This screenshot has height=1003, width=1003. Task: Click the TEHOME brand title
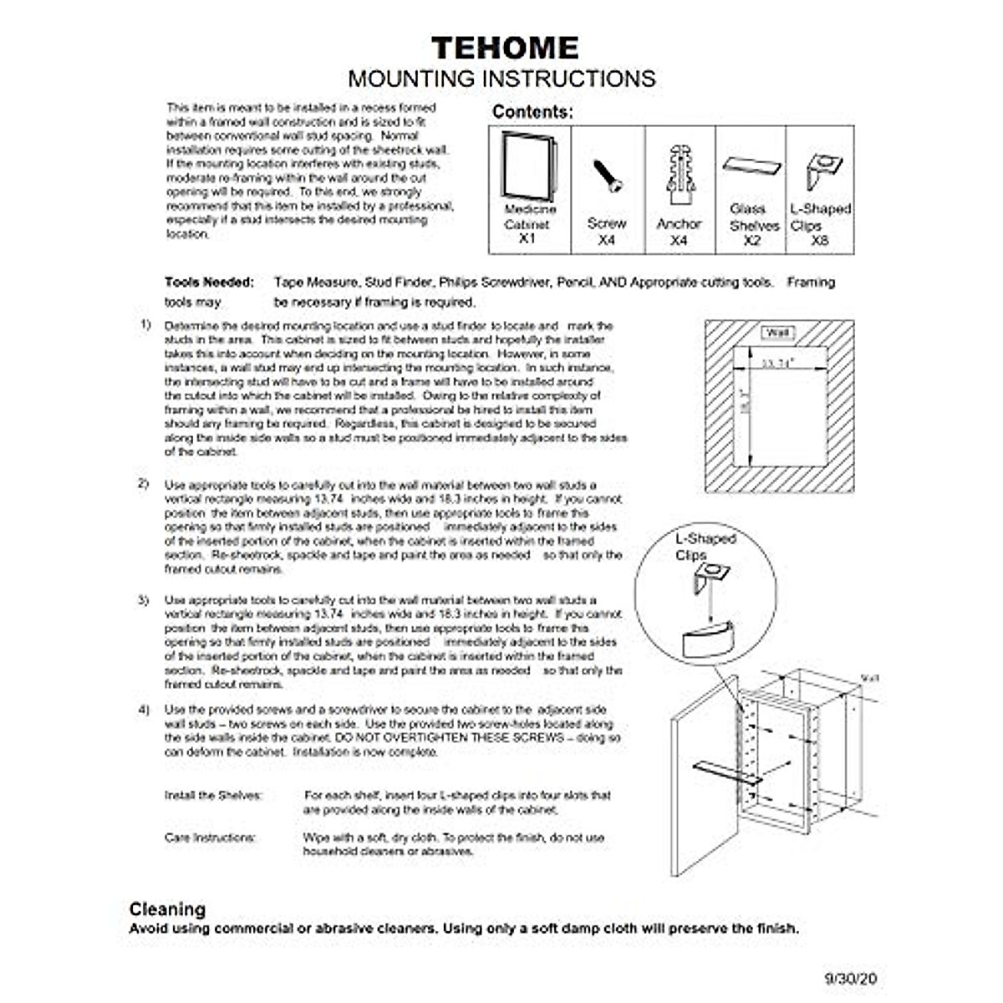(505, 48)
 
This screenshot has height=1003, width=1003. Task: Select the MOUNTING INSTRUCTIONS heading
(501, 79)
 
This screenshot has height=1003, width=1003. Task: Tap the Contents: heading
(532, 111)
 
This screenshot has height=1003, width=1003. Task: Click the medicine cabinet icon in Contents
(528, 165)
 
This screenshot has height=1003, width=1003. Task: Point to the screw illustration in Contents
(607, 176)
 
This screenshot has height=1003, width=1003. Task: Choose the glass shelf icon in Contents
(752, 165)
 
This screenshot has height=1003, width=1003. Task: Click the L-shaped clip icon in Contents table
(823, 171)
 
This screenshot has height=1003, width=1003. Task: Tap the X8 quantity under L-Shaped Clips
(820, 240)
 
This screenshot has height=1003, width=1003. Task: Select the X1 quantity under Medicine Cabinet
(527, 239)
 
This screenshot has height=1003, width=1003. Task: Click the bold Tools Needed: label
(209, 283)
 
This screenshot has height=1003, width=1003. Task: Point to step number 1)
(145, 324)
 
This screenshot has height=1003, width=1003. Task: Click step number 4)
(145, 710)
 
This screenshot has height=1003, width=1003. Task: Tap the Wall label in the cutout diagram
(778, 333)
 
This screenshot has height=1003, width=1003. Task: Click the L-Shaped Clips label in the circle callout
(705, 547)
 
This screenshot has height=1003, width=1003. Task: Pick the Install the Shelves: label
(213, 796)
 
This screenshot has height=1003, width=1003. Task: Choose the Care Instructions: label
(210, 838)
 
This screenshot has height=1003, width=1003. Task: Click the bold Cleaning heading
(167, 909)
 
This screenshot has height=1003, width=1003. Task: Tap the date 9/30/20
(850, 978)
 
